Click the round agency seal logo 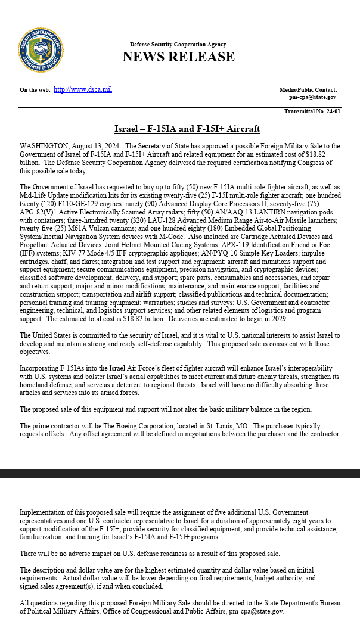tap(41, 50)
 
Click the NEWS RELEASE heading tap(178, 57)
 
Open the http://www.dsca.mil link tap(83, 90)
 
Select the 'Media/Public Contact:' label tap(308, 90)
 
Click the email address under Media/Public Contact tap(312, 97)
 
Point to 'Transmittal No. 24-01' tap(312, 111)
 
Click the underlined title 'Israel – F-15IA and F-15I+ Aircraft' tap(187, 129)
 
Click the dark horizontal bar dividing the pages tap(180, 474)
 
